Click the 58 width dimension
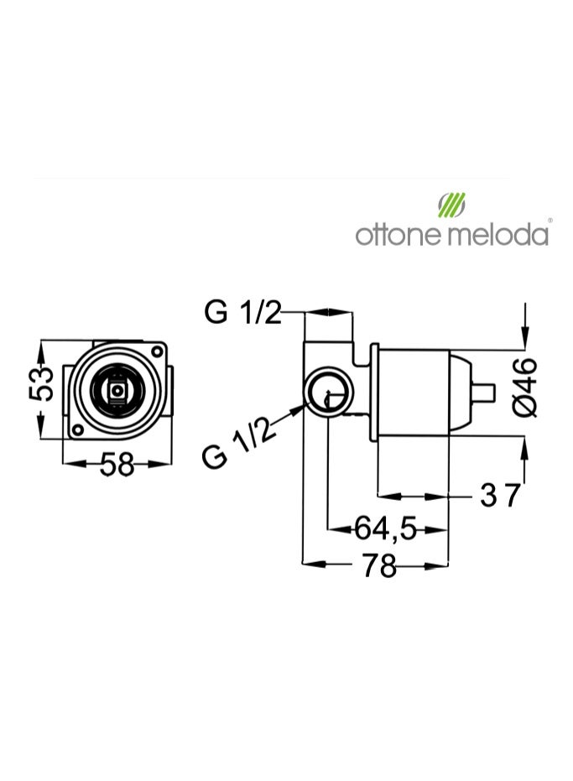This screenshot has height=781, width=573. [x=117, y=464]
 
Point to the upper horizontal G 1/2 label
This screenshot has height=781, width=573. [x=243, y=312]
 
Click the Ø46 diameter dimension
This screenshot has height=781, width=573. [x=525, y=387]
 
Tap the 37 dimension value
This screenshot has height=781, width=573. [x=500, y=495]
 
